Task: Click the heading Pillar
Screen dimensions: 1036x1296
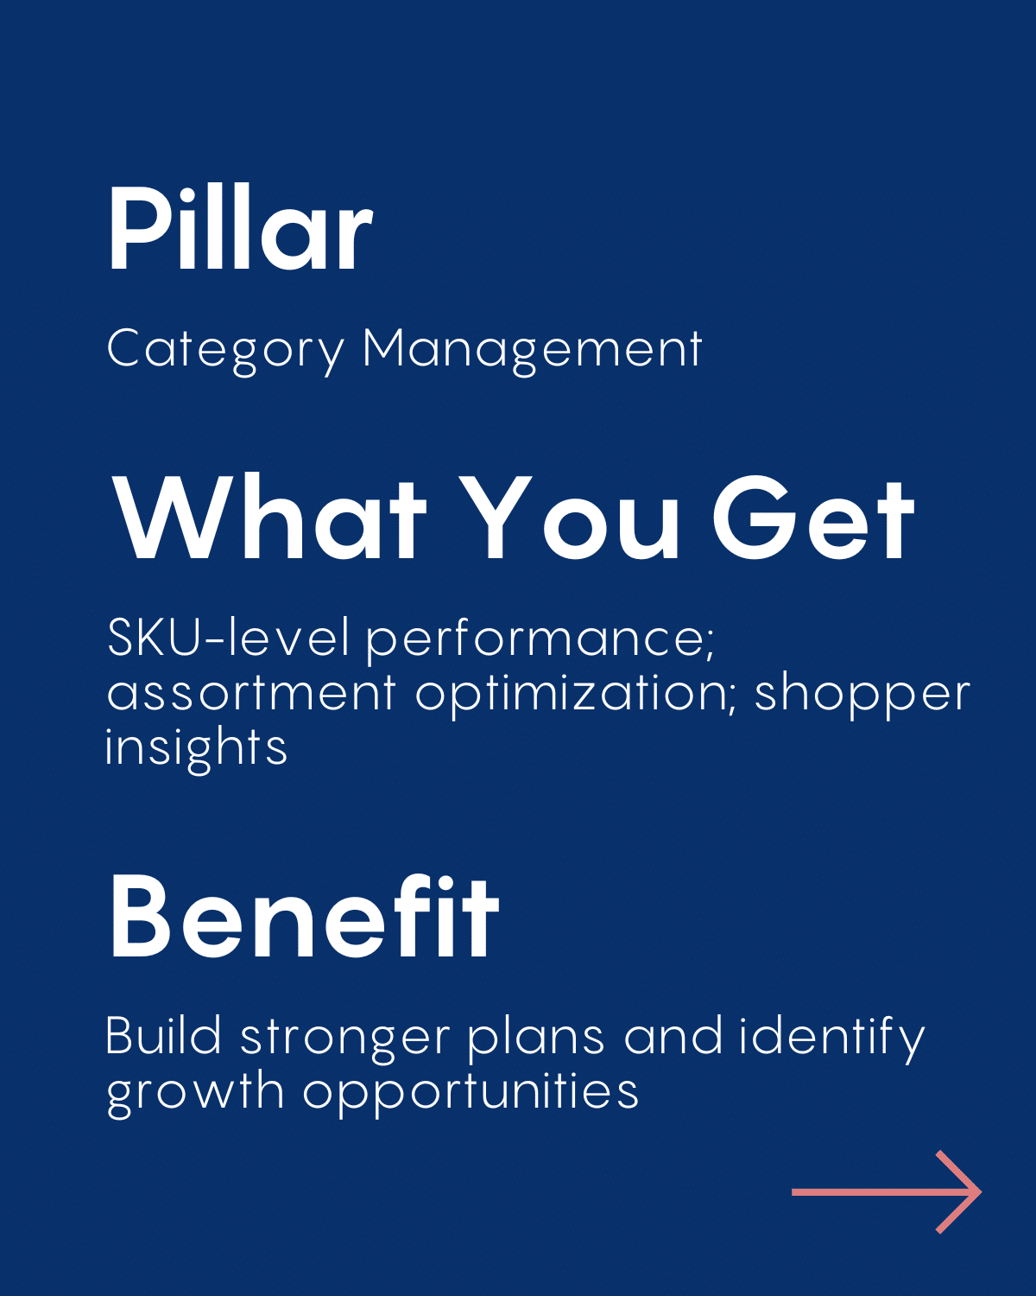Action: tap(241, 227)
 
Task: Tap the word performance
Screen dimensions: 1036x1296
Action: tap(540, 642)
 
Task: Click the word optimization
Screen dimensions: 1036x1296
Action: tap(576, 696)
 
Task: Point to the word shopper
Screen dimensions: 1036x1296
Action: tap(862, 696)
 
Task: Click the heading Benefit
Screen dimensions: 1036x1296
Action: tap(305, 916)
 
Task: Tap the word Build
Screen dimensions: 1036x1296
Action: tap(164, 1036)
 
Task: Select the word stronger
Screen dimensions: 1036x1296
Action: tap(345, 1040)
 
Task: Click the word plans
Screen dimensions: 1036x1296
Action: tap(536, 1039)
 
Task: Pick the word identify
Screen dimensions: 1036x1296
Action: tap(831, 1039)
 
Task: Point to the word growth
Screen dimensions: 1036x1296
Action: tap(195, 1094)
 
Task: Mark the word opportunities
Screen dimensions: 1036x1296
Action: tap(471, 1094)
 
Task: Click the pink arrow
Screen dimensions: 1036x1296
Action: tap(886, 1191)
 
